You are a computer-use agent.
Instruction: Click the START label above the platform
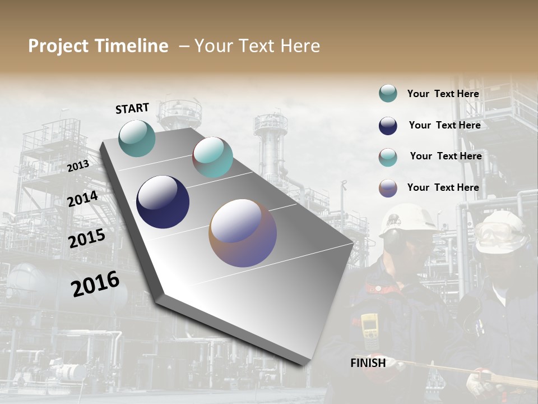coord(132,108)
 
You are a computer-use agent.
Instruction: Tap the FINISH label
coord(368,363)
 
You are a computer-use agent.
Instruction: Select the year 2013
coord(78,166)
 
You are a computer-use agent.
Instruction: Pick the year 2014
coord(82,199)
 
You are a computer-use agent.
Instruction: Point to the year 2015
coord(86,238)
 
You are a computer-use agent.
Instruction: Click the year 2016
coord(95,283)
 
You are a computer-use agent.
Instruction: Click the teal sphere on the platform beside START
coord(137,138)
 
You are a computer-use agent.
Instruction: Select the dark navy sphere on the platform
coord(163,202)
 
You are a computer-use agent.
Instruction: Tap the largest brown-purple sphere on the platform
coord(243,232)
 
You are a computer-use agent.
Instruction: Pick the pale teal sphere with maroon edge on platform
coord(212,157)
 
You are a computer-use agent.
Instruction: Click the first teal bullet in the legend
coord(388,93)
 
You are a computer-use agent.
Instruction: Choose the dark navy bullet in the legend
coord(388,126)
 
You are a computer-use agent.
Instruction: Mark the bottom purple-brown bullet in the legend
coord(388,188)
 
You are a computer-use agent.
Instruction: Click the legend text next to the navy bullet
coord(444,125)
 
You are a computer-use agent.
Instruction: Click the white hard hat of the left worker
coord(407,219)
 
